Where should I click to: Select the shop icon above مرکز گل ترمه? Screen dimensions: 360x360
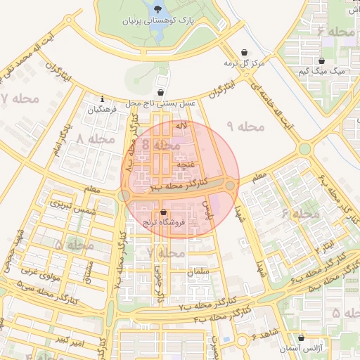coord(244,53)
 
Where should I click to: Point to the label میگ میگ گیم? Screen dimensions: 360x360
coord(322,72)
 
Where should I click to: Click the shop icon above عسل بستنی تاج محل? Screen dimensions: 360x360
coord(161,92)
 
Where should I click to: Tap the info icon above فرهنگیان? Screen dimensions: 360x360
coord(103,98)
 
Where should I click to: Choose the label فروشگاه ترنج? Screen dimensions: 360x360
coord(163,223)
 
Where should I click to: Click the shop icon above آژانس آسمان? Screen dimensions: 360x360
coord(302,337)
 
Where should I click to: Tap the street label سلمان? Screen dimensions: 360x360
coord(198,270)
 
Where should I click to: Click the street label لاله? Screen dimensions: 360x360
coord(181,125)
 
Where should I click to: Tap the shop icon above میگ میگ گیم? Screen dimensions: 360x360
coord(322,60)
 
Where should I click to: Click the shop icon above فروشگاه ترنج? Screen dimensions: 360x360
coord(163,212)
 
